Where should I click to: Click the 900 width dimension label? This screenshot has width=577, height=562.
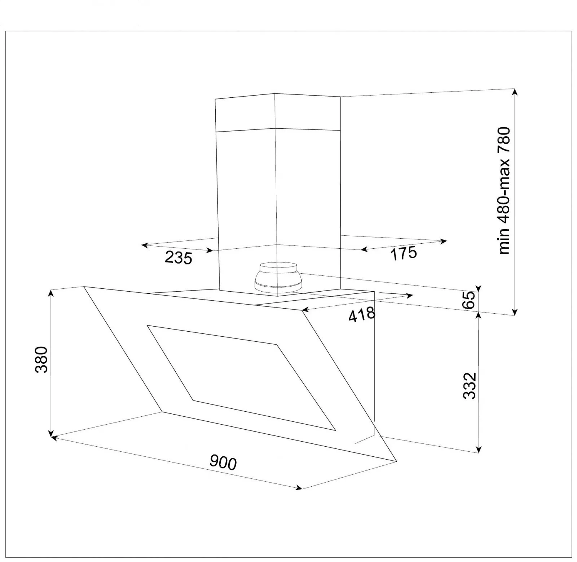pos(223,463)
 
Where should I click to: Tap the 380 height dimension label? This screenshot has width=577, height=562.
pos(42,359)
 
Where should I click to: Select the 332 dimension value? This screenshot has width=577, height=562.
pos(470,386)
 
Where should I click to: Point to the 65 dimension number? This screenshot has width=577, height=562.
pos(469,300)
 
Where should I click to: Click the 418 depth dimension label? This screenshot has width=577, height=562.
pos(362,314)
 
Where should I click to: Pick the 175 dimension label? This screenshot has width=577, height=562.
pos(404,253)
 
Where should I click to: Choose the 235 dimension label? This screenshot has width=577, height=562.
pos(179,258)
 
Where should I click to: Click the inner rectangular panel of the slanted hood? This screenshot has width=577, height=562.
pos(241,377)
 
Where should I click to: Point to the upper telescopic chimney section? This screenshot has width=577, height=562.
pos(277,112)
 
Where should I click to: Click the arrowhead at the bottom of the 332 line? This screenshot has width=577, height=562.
pos(479,450)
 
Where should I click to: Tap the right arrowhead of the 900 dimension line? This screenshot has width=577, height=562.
pos(299,488)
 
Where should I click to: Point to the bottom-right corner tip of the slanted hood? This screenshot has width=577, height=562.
pos(396,461)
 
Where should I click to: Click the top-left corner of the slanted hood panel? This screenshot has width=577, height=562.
pos(84,287)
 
